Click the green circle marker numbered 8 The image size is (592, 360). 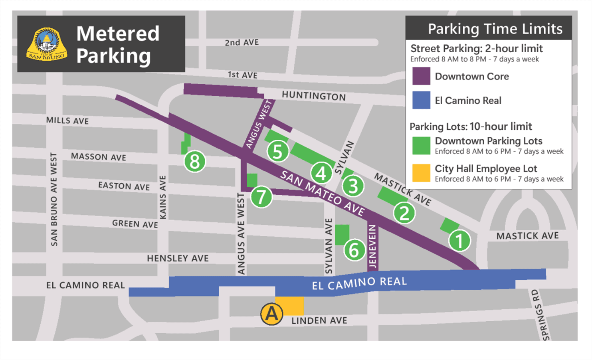195,162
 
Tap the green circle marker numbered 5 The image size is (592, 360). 278,152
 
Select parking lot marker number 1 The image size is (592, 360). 459,241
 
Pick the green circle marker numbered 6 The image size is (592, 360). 354,250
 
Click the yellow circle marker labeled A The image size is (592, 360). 272,314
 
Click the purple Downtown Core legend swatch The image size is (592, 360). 421,76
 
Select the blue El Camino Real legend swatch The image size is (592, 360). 421,100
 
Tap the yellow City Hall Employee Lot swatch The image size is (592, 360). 421,173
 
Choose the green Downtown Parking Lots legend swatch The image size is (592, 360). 421,145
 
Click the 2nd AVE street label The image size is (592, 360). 242,42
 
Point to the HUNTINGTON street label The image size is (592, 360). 314,96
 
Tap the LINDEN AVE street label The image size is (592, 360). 319,320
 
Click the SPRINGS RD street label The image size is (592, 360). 541,315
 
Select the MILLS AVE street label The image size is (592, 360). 67,121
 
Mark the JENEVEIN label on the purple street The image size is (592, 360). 372,246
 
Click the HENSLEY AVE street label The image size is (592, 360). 178,259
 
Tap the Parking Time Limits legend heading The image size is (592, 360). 495,29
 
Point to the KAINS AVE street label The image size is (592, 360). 163,197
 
